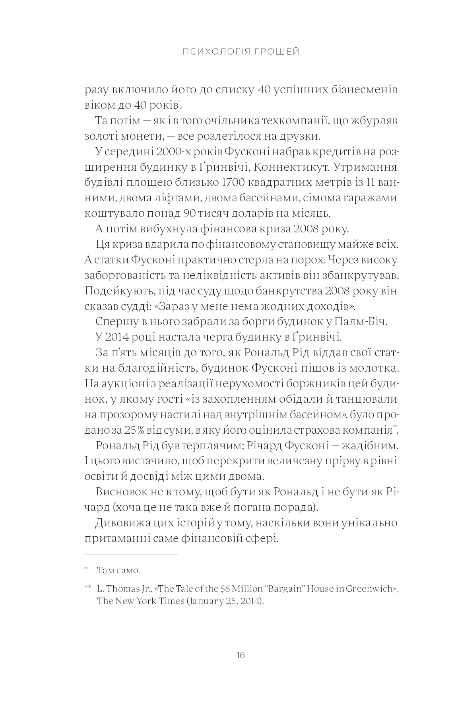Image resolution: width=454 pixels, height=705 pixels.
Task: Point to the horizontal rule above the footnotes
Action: (132, 555)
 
